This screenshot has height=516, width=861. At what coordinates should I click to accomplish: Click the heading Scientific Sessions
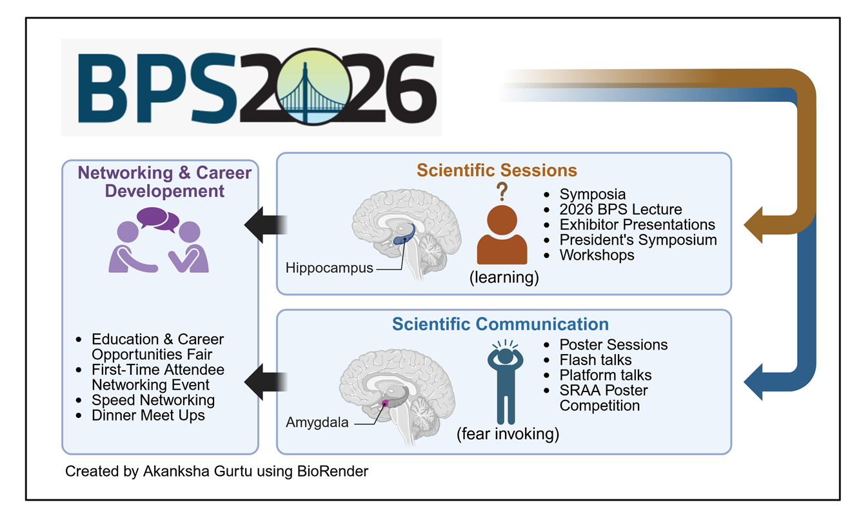[497, 170]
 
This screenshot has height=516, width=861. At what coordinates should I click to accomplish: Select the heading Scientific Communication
[500, 324]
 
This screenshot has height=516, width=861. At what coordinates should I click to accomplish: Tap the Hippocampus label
[330, 268]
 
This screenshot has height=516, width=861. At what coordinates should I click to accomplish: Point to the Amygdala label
[317, 422]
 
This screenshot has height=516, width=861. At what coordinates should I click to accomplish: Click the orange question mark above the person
[502, 192]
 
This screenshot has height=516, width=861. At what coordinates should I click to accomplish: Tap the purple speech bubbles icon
[158, 219]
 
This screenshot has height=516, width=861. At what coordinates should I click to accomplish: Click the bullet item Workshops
[597, 255]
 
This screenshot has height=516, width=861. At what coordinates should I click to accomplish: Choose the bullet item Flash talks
[595, 360]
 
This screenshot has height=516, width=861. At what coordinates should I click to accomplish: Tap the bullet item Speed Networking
[153, 400]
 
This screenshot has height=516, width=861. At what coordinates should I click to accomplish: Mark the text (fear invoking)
[508, 434]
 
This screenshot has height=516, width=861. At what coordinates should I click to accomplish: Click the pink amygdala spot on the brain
[386, 403]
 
